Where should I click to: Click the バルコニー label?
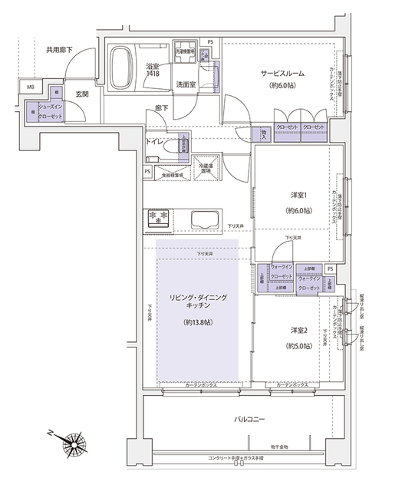[251, 420]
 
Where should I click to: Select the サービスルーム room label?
[282, 74]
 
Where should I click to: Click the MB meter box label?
[31, 87]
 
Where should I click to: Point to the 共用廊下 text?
[59, 50]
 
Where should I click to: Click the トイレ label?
[156, 142]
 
